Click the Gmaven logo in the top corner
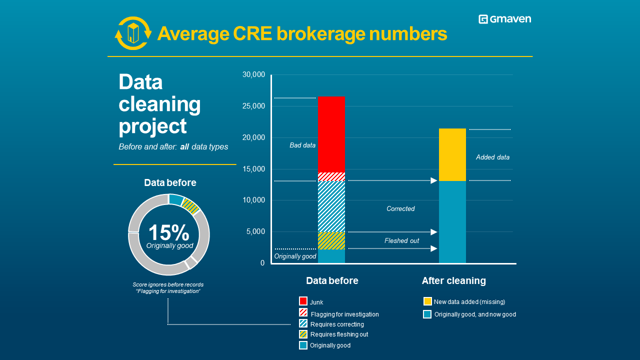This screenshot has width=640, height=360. pyautogui.click(x=504, y=19)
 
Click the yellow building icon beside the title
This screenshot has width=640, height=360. pyautogui.click(x=133, y=33)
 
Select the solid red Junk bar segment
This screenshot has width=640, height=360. pyautogui.click(x=331, y=134)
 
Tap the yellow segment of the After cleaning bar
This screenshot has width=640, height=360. pyautogui.click(x=452, y=155)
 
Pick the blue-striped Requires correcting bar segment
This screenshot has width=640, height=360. pyautogui.click(x=331, y=206)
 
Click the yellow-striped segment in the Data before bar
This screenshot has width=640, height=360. pyautogui.click(x=331, y=240)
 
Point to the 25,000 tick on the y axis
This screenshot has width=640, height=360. pyautogui.click(x=253, y=106)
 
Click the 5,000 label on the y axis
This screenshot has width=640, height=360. pyautogui.click(x=255, y=231)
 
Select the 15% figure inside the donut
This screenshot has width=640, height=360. pyautogui.click(x=169, y=232)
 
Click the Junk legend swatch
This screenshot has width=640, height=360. pyautogui.click(x=303, y=301)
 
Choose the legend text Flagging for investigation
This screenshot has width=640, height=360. pyautogui.click(x=344, y=314)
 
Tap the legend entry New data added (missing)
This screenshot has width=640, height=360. pyautogui.click(x=469, y=302)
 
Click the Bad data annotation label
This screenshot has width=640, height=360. pyautogui.click(x=302, y=145)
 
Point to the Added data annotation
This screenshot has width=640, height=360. pyautogui.click(x=492, y=157)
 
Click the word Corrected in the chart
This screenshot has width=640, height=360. pyautogui.click(x=400, y=209)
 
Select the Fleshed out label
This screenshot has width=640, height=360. pyautogui.click(x=401, y=241)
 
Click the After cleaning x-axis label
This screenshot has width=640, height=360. pyautogui.click(x=453, y=281)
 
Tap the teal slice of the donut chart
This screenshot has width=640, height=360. pyautogui.click(x=176, y=199)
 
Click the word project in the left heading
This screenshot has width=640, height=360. pyautogui.click(x=152, y=126)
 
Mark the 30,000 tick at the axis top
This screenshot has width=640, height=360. pyautogui.click(x=253, y=74)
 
